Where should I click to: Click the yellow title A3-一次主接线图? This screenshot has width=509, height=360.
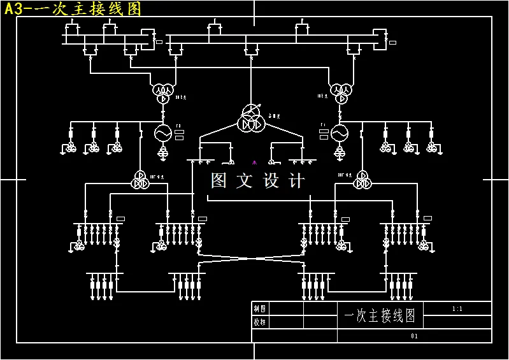(73, 9)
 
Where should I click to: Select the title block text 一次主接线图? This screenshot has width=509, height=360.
(380, 315)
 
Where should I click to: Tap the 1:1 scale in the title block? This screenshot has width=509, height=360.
(457, 309)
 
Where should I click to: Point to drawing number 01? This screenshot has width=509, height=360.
(414, 336)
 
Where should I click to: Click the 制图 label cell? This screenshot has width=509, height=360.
(260, 308)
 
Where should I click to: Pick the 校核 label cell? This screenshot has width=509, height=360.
(260, 322)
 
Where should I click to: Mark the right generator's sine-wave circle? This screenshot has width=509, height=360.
(339, 133)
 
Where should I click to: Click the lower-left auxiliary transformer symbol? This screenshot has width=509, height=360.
(139, 180)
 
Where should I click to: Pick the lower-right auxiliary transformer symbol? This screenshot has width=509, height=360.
(362, 180)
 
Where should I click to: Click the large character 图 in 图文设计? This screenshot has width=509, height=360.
(219, 181)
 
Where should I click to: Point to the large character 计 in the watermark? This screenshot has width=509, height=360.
(297, 181)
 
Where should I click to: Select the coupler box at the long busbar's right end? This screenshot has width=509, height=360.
(380, 38)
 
